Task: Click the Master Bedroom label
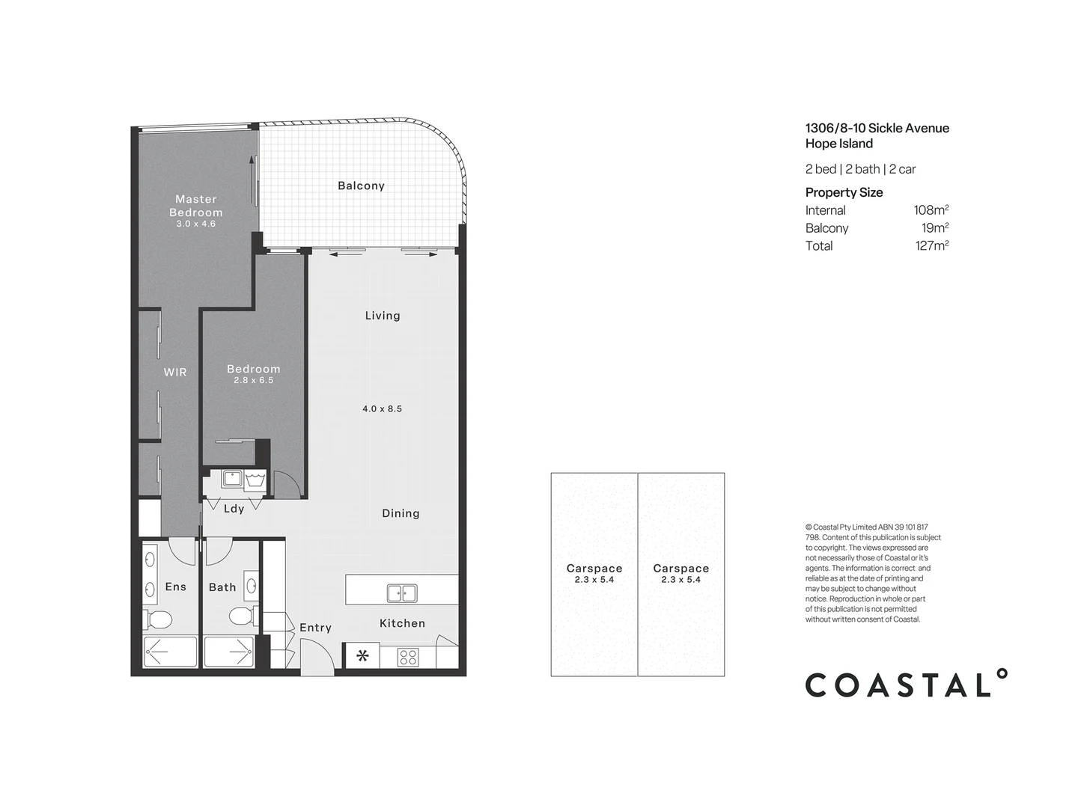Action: coord(195,206)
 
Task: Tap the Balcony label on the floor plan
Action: coord(361,186)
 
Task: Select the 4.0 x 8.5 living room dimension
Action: coord(382,408)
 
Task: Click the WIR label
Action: coord(175,372)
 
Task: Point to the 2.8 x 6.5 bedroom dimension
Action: coord(253,381)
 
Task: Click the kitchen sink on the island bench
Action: coord(402,593)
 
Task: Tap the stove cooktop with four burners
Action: coord(408,658)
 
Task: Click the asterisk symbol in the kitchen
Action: coord(362,657)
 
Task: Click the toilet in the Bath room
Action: coord(241,617)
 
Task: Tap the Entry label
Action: coord(315,628)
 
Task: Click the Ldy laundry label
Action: coord(234,509)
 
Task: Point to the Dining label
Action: coord(401,513)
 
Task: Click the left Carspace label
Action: coord(594,569)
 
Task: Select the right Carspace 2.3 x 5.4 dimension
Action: coord(680,580)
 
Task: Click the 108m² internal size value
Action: coord(931,210)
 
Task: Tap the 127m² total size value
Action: coord(931,245)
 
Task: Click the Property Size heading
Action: coord(844,192)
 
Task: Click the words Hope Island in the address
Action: coord(838,144)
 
